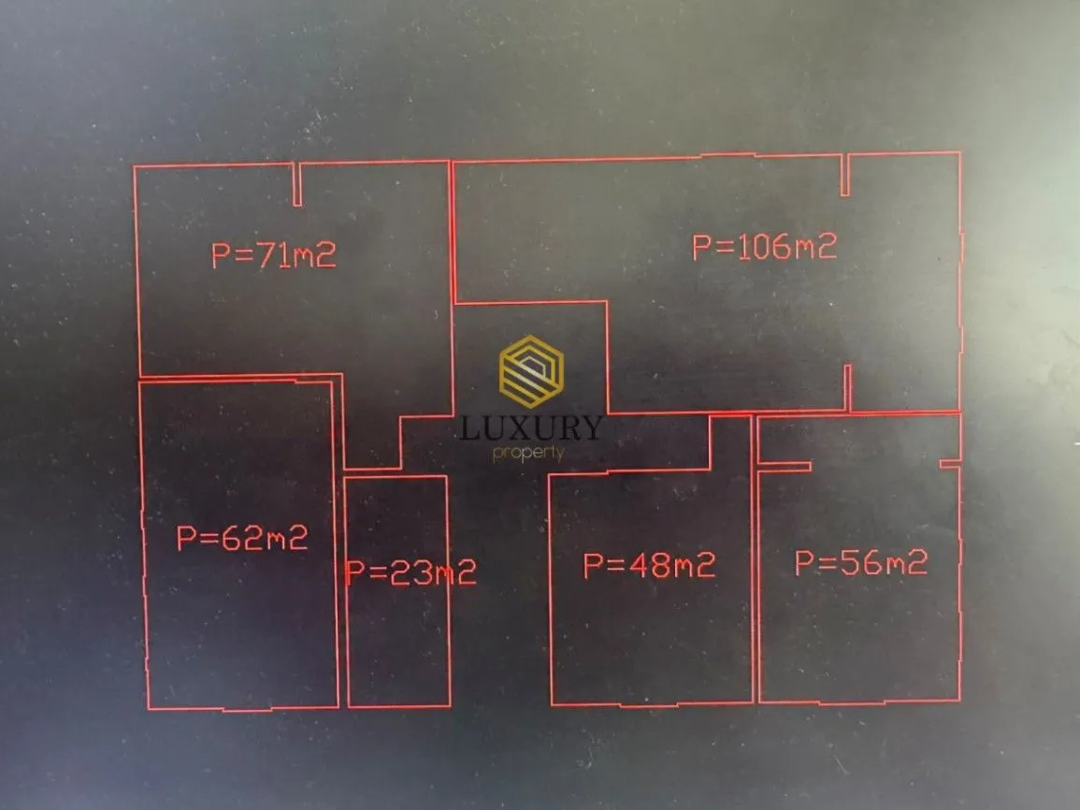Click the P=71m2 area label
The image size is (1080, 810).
tap(273, 254)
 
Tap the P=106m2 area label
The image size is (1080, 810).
tap(765, 247)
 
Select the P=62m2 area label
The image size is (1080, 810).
tap(242, 538)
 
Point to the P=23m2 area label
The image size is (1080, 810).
tap(411, 571)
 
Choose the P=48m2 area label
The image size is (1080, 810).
tap(650, 566)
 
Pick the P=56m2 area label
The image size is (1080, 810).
tap(861, 563)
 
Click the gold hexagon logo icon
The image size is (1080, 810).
tap(531, 372)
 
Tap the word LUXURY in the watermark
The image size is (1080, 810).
tap(530, 428)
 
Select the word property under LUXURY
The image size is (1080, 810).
tap(528, 454)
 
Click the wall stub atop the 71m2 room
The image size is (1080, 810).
tap(297, 184)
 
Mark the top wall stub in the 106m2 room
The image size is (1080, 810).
tap(845, 175)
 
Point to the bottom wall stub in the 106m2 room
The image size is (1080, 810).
tap(848, 388)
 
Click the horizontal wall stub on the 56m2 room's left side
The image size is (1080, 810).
tap(785, 467)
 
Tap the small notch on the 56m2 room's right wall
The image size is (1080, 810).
tap(950, 464)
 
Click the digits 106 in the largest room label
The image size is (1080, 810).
tap(762, 247)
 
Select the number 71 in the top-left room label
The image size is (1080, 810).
tap(273, 254)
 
